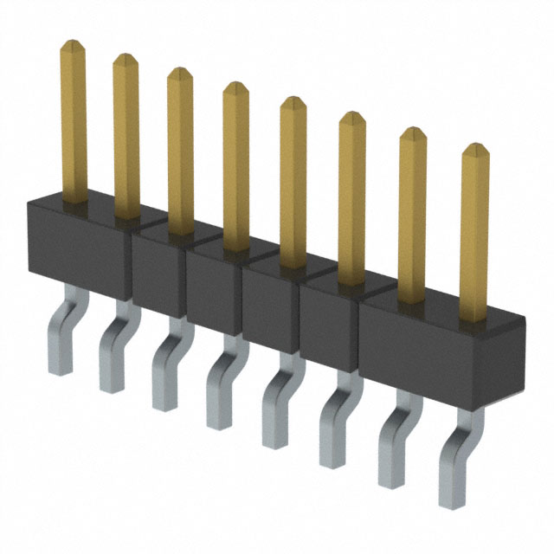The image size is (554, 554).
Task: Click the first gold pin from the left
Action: pyautogui.click(x=73, y=121)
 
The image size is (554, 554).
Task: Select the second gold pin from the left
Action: pyautogui.click(x=126, y=138)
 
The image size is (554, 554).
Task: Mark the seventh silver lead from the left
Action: pyautogui.click(x=394, y=446)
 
